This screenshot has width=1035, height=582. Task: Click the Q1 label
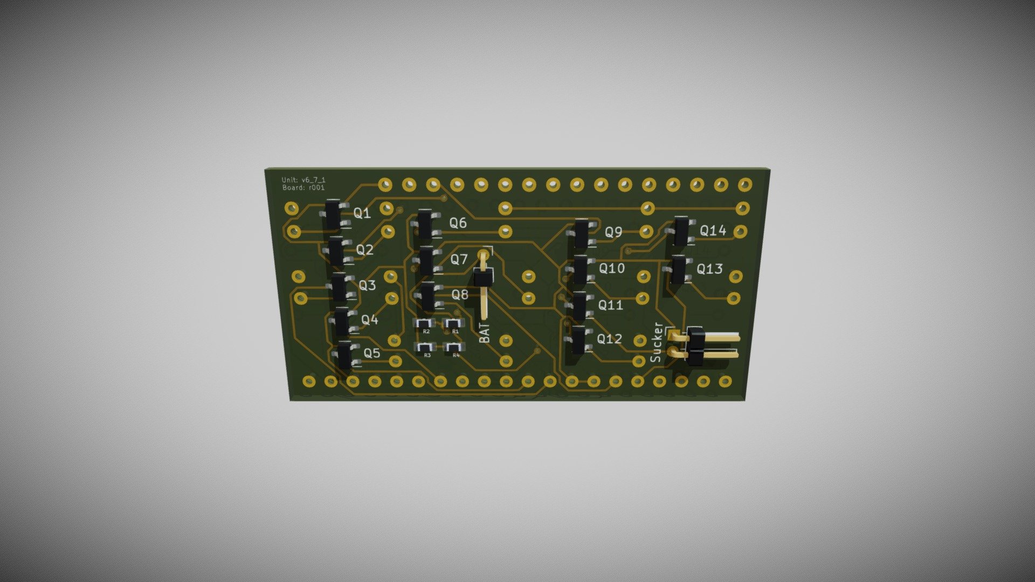click(362, 213)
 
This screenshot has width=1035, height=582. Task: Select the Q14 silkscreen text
click(713, 231)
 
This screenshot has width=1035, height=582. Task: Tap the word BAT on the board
click(485, 332)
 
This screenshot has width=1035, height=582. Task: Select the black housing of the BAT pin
click(482, 279)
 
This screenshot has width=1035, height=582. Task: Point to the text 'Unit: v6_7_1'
click(303, 180)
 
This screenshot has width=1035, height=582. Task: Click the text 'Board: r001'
click(303, 188)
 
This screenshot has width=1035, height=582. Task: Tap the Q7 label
click(459, 259)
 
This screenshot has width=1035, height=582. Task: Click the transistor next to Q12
click(578, 339)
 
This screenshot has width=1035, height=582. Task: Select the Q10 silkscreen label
click(611, 268)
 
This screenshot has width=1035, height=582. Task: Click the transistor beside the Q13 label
click(679, 269)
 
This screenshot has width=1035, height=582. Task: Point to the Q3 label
click(367, 285)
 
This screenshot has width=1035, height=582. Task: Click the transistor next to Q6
click(425, 224)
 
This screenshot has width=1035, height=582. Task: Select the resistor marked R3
click(426, 347)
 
